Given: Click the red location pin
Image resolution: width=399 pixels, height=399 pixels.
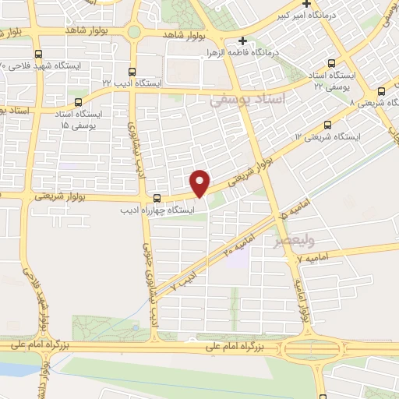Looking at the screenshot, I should (201, 182).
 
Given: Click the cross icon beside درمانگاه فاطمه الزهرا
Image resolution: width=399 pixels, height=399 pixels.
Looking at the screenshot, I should (242, 41).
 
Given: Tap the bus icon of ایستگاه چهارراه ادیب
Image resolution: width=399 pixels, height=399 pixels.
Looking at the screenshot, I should (157, 197).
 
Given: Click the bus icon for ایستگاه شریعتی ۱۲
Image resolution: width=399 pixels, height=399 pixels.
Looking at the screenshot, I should (327, 125).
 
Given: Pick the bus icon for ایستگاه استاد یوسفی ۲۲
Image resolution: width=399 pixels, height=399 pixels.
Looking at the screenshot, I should (333, 64).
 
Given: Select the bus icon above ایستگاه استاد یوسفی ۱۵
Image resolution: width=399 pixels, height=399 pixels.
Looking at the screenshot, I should (77, 101).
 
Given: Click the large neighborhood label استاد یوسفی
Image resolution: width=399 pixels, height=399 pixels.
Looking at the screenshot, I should (249, 99).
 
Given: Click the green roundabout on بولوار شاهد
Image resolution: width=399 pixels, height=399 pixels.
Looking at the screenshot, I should (135, 32).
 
